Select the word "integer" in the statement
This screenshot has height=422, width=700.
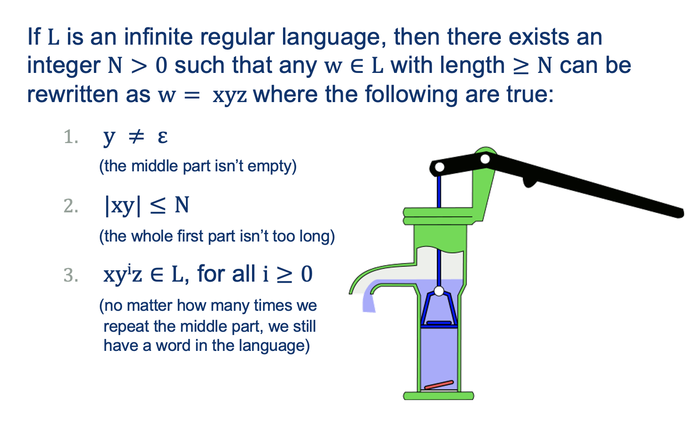(x=63, y=66)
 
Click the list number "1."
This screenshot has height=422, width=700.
(x=71, y=137)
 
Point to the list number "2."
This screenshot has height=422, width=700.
(x=71, y=206)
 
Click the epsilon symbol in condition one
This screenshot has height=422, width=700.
(x=163, y=136)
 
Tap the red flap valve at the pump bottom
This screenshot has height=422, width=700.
(x=438, y=385)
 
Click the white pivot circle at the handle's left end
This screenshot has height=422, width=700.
(x=439, y=167)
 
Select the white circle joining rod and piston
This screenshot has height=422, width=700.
(x=439, y=291)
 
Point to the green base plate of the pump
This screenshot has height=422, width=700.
(x=438, y=396)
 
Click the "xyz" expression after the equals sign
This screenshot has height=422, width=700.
(x=230, y=95)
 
